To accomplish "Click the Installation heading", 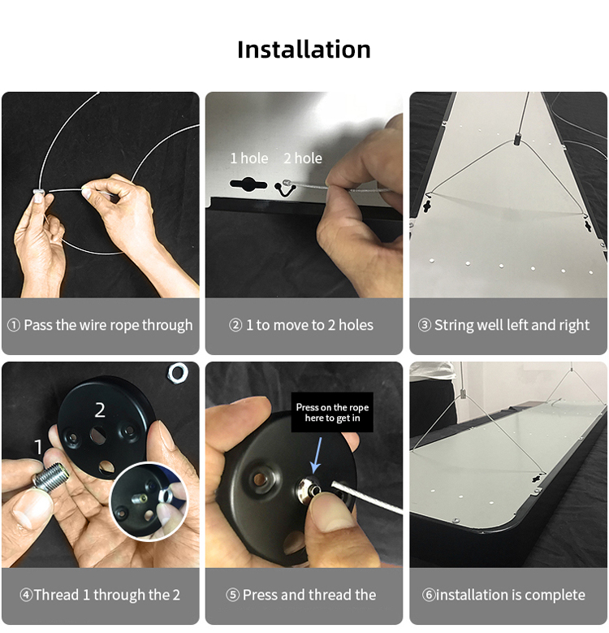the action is coord(304,50).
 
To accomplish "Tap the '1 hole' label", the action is coord(248,158).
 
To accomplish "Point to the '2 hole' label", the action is coord(303,158).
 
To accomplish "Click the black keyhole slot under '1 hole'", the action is coord(248,184).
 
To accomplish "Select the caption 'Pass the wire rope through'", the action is coord(108,325).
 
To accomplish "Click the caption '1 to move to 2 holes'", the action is coord(309,325).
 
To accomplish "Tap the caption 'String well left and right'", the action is coord(512,325).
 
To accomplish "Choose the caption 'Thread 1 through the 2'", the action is coord(107,595).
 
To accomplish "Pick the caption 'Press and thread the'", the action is coord(309,595).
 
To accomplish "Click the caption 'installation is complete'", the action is coord(511,595).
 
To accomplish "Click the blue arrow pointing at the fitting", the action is coord(317,455).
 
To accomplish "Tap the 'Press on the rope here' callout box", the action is coord(332,412).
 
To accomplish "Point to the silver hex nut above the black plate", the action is coord(178,373).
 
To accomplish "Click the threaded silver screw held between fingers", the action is coord(51,478).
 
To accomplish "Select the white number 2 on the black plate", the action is coord(100,410).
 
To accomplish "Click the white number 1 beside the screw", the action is coord(38,447).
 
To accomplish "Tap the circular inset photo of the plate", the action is coord(149,501).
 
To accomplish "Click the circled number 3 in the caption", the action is coord(425,325).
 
